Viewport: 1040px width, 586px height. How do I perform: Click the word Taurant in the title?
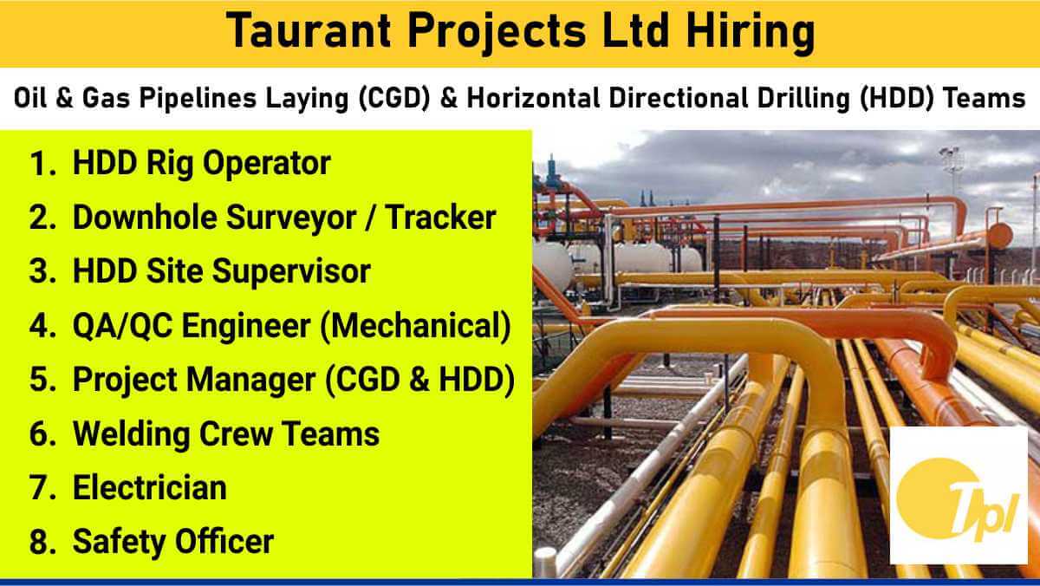coord(309,31)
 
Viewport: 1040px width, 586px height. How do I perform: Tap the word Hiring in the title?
coord(751,32)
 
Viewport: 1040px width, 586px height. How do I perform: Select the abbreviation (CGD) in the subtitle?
coord(394,99)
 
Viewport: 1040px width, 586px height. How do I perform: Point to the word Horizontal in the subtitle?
coord(533,98)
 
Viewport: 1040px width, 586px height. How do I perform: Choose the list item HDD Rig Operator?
coord(201,164)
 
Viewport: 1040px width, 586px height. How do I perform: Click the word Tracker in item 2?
coord(440,217)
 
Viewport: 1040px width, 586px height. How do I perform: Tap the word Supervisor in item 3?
coord(291,272)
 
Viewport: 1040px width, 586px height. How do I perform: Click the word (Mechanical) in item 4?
coord(415,326)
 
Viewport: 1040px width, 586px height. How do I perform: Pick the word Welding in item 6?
coord(131,434)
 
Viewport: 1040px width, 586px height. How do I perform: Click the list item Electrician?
coord(149,487)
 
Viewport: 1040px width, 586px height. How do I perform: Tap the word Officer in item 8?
coord(224,542)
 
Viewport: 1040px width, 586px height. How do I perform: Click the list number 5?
coord(42,380)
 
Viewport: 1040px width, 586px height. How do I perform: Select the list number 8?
coord(42,542)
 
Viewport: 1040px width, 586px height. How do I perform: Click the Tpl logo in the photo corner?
coord(959,494)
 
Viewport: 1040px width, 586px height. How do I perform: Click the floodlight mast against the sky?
coord(952,171)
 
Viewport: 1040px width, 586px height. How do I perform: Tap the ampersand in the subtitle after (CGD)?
coord(449,99)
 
